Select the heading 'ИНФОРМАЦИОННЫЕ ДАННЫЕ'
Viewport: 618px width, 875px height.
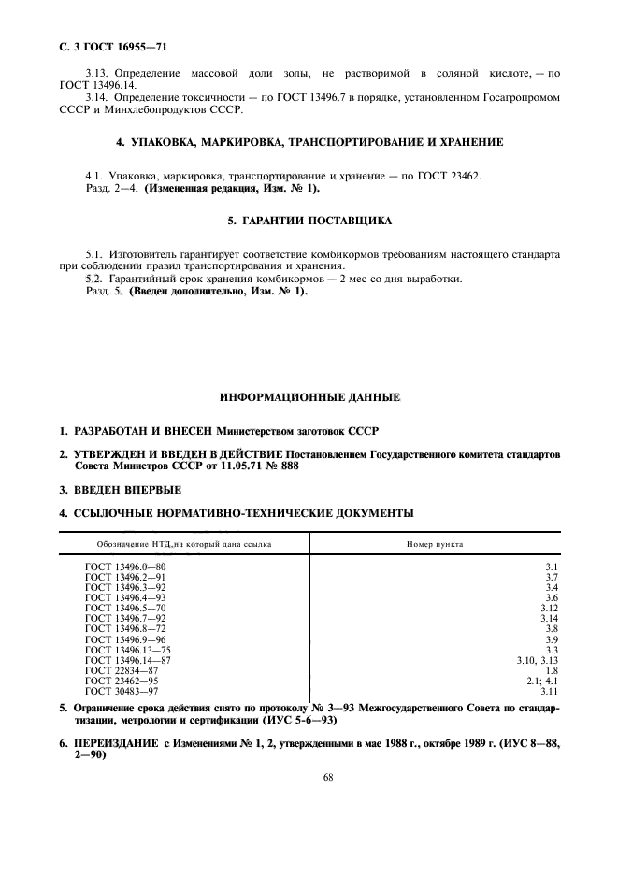(309, 398)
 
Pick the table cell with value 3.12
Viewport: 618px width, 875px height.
(549, 609)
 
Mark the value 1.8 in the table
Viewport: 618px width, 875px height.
(551, 670)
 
